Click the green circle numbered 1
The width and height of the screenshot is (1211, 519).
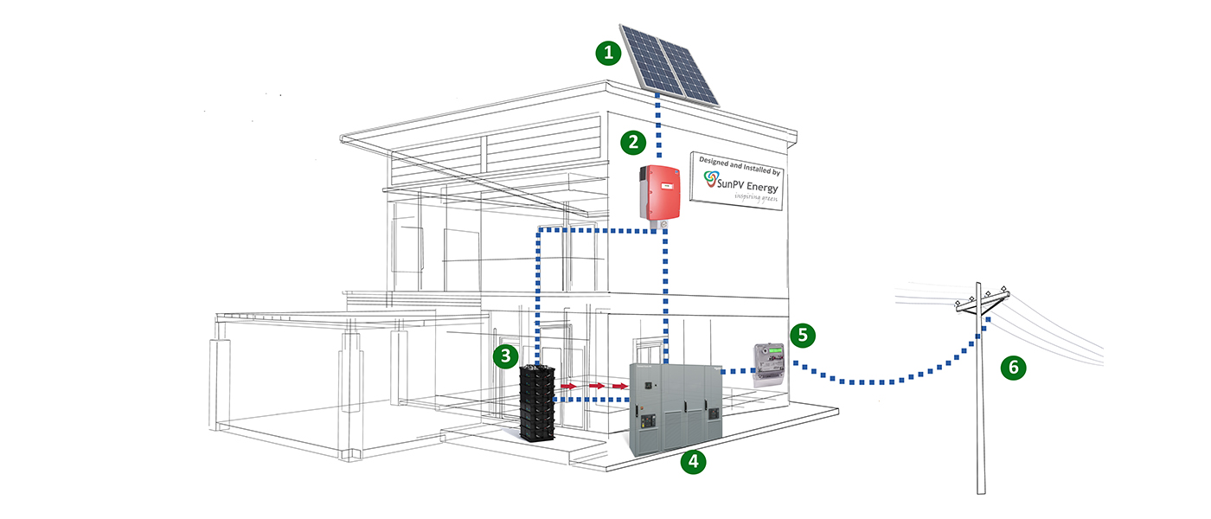pyautogui.click(x=609, y=53)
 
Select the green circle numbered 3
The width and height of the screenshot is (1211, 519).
pyautogui.click(x=506, y=355)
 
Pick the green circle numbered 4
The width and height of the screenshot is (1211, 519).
pyautogui.click(x=693, y=462)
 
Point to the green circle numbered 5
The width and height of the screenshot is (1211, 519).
pyautogui.click(x=803, y=334)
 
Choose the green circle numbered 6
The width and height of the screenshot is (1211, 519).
pyautogui.click(x=1013, y=368)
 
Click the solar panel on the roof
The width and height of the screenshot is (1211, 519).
pyautogui.click(x=670, y=61)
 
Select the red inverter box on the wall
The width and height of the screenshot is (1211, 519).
pyautogui.click(x=657, y=192)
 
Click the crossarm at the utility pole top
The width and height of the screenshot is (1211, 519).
pyautogui.click(x=982, y=299)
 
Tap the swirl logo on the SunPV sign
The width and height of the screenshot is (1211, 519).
pyautogui.click(x=711, y=179)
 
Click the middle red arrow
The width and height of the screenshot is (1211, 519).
pyautogui.click(x=596, y=385)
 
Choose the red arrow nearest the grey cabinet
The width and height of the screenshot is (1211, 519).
pyautogui.click(x=620, y=385)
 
